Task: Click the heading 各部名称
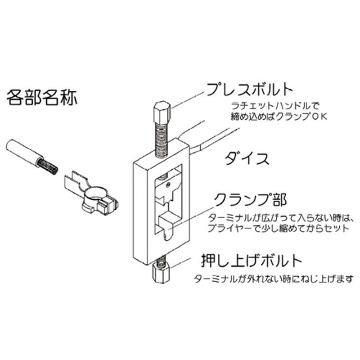tap(41, 98)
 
